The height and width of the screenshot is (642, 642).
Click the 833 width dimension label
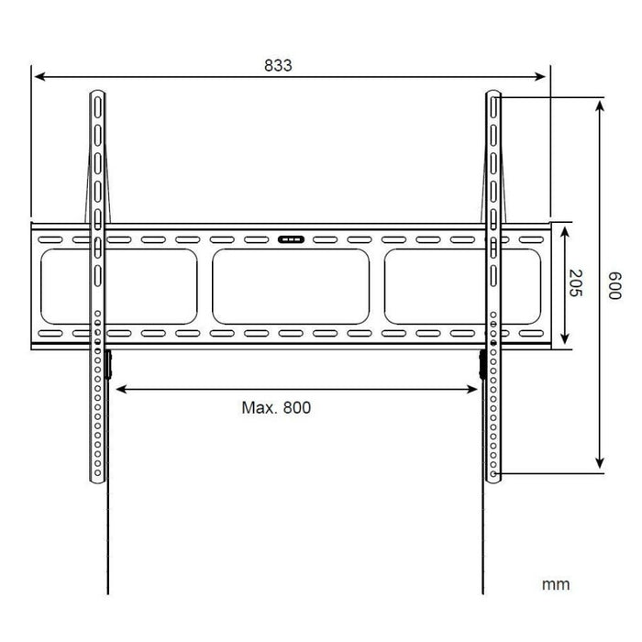click(278, 65)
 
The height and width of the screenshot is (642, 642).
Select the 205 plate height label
click(576, 284)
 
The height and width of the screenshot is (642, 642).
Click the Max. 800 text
click(276, 407)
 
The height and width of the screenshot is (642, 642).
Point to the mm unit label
click(555, 583)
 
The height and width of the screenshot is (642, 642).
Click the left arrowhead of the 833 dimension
click(38, 78)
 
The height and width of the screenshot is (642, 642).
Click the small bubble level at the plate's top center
click(290, 240)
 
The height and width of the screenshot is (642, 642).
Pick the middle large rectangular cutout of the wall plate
click(291, 286)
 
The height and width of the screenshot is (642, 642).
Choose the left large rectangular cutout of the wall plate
click(119, 286)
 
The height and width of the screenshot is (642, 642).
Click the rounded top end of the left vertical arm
click(97, 94)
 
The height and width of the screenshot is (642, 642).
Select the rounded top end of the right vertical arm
click(493, 94)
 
